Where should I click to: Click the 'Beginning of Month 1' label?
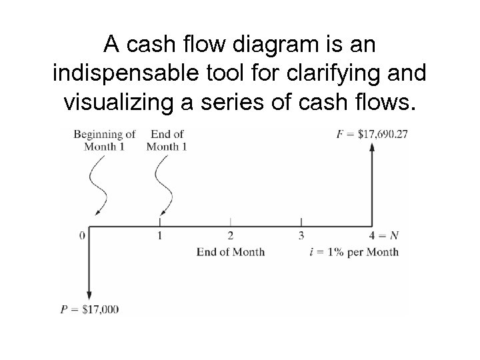click(x=105, y=141)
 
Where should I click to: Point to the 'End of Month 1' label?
click(x=166, y=141)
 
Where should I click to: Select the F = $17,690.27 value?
click(x=373, y=135)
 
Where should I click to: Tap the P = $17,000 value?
click(x=89, y=309)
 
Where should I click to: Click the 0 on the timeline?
click(x=82, y=235)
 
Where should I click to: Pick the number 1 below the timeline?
click(x=160, y=235)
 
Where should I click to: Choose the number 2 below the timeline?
click(x=231, y=235)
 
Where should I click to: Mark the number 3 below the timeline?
click(x=301, y=235)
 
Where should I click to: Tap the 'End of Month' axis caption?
click(x=231, y=252)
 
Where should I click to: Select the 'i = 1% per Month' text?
click(x=354, y=252)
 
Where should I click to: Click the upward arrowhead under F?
click(x=372, y=147)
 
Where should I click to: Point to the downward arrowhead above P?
click(x=89, y=295)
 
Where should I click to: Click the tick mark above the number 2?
click(x=231, y=221)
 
